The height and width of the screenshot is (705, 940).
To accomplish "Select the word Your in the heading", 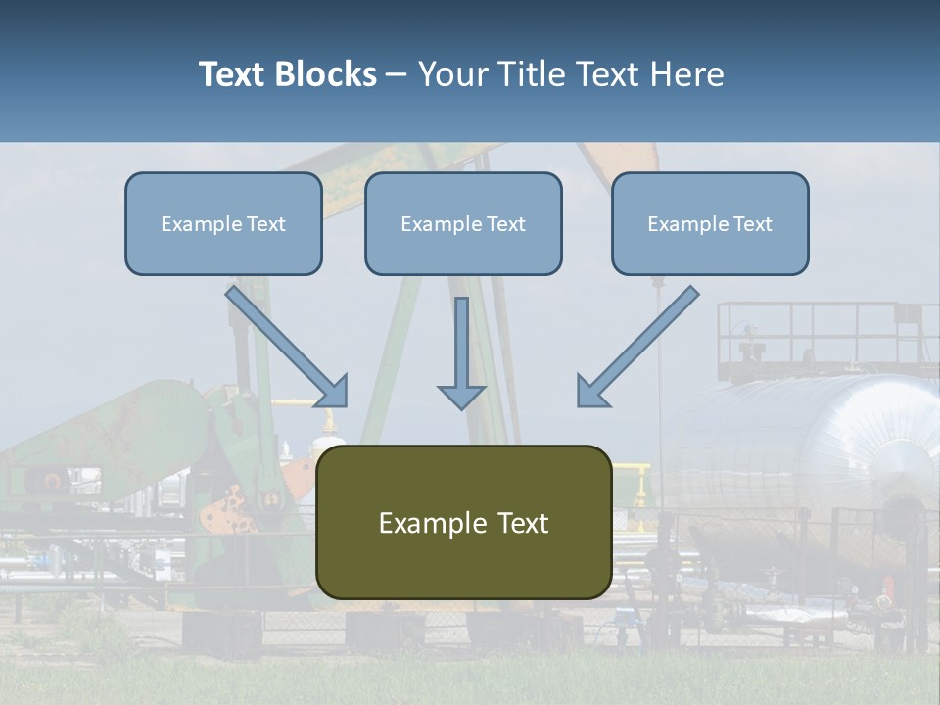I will click(x=452, y=74).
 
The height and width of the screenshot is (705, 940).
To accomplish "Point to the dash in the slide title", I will click(x=397, y=75).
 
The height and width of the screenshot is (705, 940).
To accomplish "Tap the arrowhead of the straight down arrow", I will click(x=461, y=397).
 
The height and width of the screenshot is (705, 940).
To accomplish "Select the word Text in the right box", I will click(x=752, y=224).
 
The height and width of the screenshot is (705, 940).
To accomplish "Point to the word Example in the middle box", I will click(x=442, y=224).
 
